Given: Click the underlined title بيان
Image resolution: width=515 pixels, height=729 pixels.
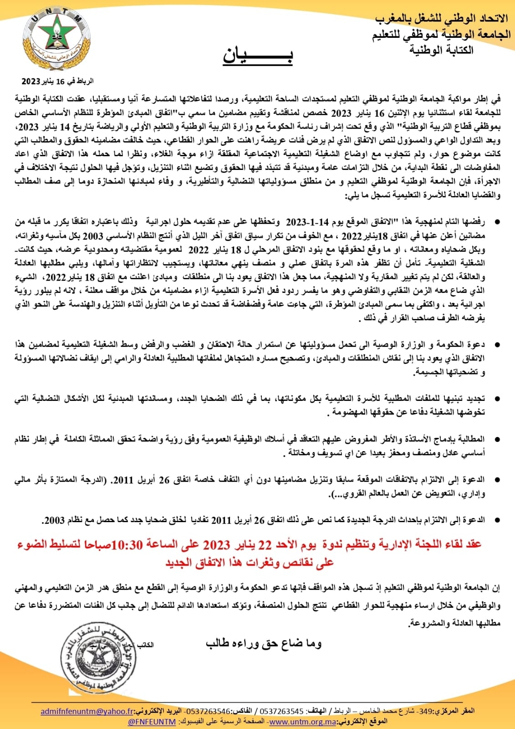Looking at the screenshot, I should click(x=258, y=55).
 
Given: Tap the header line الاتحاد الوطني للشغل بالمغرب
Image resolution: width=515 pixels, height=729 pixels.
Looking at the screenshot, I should click(x=441, y=19).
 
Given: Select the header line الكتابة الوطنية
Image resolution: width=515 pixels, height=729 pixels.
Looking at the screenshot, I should click(x=441, y=50).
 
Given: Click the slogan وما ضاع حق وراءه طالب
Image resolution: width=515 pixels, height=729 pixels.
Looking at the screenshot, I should click(x=264, y=643).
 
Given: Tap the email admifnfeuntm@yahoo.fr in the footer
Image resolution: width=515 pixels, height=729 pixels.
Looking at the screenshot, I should click(x=87, y=712).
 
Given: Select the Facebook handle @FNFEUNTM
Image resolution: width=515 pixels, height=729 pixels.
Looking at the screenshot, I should click(x=152, y=722).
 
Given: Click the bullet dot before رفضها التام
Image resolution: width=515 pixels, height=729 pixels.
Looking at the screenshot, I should click(x=497, y=222).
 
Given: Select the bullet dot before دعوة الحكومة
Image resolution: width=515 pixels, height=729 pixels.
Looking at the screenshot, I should click(x=497, y=344).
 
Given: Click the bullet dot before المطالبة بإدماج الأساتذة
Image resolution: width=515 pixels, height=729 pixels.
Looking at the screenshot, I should click(x=497, y=439).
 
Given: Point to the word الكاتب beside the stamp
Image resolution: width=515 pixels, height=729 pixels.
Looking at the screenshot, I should click(x=145, y=645).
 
